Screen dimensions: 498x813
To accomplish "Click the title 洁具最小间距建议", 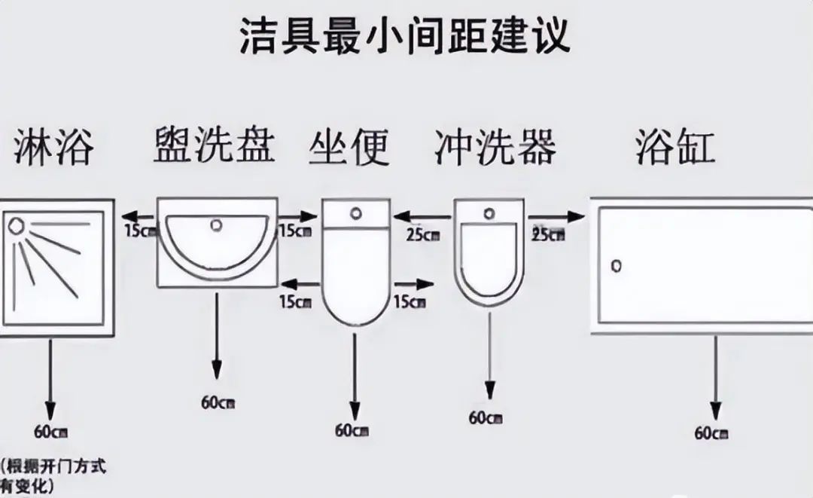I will [x=404, y=35].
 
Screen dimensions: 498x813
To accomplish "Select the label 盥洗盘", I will [x=214, y=145].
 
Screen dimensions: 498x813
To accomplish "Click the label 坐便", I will [x=349, y=146].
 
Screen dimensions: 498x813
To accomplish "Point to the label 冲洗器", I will [x=495, y=146].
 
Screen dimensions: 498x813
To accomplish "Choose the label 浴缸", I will [x=674, y=146].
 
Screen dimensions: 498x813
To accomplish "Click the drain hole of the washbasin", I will [x=218, y=224].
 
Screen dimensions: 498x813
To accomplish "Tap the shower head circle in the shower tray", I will [x=15, y=225].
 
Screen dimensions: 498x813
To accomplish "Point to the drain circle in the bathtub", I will [x=617, y=266].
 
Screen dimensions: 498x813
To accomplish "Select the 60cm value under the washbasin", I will [x=218, y=402].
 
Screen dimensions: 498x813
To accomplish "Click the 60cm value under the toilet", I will [x=352, y=430].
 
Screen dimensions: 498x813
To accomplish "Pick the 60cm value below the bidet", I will [x=486, y=417].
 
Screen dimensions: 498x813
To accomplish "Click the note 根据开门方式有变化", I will [x=53, y=475].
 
